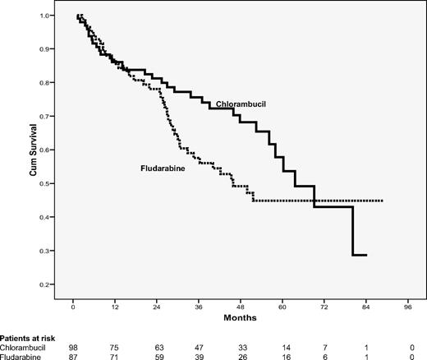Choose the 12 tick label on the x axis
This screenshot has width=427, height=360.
click(116, 304)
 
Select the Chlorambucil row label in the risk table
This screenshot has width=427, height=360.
click(25, 346)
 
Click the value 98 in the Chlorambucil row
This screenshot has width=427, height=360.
click(74, 346)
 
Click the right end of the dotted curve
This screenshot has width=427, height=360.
click(383, 201)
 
